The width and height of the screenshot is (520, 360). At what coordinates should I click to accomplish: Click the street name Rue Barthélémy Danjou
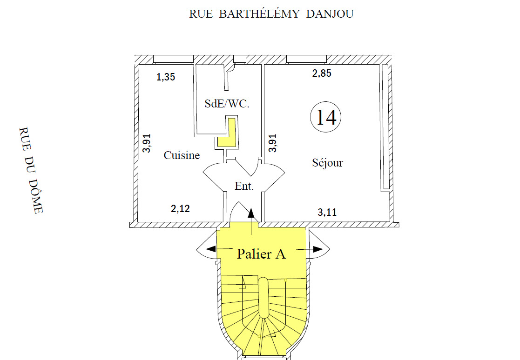(x=271, y=14)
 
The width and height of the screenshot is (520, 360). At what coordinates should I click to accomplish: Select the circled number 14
(x=326, y=117)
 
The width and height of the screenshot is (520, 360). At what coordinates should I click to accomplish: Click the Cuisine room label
(x=182, y=155)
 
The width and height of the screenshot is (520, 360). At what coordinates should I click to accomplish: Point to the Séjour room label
(x=327, y=163)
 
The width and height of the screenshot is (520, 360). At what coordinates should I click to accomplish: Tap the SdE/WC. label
(x=227, y=104)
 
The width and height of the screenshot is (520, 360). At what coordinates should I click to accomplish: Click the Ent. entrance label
(x=244, y=187)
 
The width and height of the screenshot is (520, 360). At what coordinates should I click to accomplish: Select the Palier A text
(x=261, y=254)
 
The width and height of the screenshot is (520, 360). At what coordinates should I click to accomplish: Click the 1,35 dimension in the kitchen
(x=166, y=77)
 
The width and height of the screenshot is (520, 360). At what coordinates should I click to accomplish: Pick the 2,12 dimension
(x=180, y=209)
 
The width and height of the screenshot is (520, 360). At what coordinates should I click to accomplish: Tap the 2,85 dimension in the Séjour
(x=322, y=73)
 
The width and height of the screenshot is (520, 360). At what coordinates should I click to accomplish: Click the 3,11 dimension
(x=327, y=213)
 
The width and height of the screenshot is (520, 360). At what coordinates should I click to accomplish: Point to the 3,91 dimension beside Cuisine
(x=147, y=143)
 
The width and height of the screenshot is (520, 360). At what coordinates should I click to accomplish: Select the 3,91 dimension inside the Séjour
(x=273, y=143)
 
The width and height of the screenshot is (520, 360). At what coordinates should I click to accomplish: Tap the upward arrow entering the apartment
(x=252, y=219)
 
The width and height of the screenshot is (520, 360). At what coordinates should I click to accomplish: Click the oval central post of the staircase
(x=263, y=298)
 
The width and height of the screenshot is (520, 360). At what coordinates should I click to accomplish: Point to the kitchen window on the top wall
(x=173, y=59)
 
